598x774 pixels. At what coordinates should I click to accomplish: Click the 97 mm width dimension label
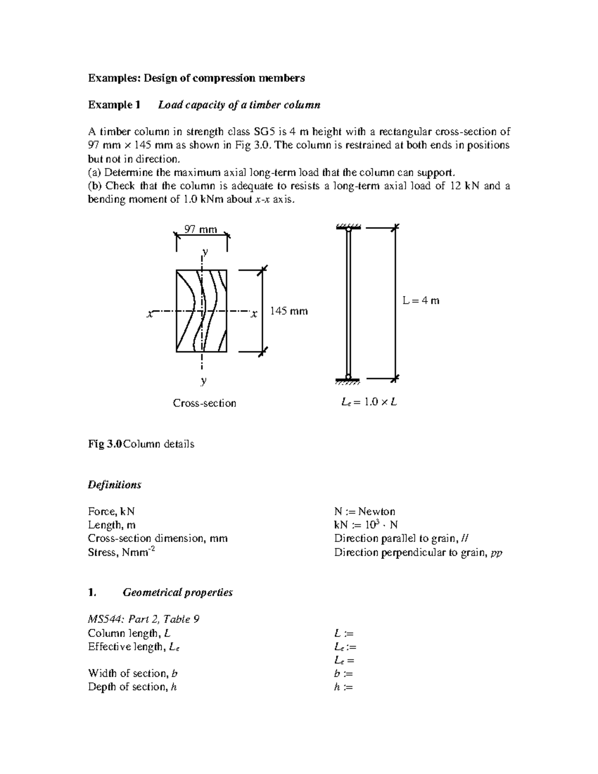201,229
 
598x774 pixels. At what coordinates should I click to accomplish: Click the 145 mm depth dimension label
289,311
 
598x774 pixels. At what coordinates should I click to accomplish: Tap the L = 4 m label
421,301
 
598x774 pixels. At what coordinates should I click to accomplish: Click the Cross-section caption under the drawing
204,403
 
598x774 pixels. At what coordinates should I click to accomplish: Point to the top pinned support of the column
348,229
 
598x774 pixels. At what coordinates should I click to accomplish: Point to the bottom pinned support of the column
348,379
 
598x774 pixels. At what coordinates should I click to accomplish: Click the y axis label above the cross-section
204,252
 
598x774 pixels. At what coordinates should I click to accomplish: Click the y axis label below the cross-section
203,381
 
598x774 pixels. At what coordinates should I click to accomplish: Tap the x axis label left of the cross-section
149,314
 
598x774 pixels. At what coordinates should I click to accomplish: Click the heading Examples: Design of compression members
196,78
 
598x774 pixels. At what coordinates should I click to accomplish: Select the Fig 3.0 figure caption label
104,444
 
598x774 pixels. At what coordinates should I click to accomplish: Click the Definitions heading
114,485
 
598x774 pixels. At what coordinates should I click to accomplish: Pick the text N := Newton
364,511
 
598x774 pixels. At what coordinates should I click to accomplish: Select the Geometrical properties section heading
177,593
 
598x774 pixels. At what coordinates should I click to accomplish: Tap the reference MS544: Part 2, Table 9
144,619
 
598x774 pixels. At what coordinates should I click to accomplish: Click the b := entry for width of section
343,674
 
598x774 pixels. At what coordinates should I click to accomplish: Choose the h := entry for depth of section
343,687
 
